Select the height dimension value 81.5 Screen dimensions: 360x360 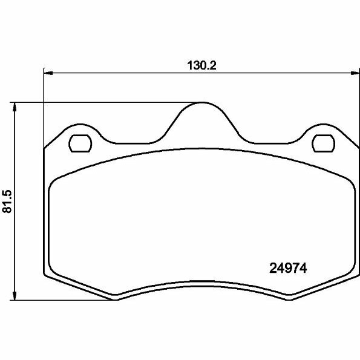(7, 201)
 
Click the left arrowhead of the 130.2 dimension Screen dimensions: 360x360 (47, 73)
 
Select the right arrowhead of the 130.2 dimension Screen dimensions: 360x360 (353, 73)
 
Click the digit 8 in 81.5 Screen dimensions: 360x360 (7, 211)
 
